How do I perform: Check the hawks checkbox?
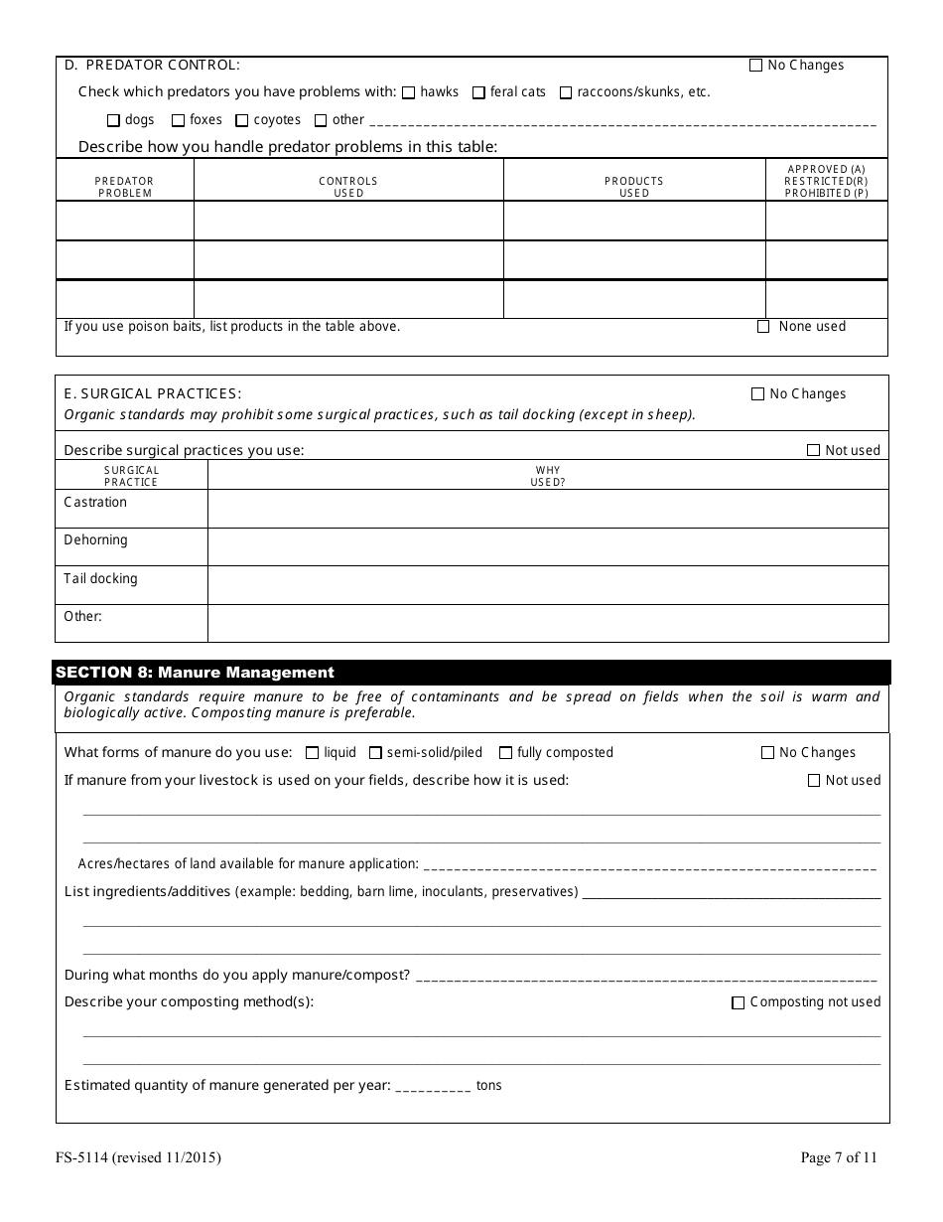click(408, 92)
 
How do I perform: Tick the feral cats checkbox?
click(478, 92)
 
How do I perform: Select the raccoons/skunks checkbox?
click(566, 92)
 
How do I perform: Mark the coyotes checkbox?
click(241, 120)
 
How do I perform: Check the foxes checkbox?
click(178, 120)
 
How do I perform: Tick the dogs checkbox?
click(113, 120)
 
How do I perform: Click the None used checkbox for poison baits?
click(763, 326)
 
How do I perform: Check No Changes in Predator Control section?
click(755, 66)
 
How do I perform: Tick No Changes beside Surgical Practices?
click(757, 393)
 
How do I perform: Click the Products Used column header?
click(634, 187)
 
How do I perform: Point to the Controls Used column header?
click(348, 187)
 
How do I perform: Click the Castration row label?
click(95, 502)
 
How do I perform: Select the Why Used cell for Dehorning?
click(548, 546)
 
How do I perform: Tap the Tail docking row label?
click(100, 578)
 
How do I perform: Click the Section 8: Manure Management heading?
click(196, 673)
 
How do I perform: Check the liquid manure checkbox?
click(313, 753)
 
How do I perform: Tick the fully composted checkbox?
click(506, 753)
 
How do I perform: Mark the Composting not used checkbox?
click(738, 1002)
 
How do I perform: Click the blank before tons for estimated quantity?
click(433, 1086)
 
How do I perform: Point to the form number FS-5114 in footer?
click(138, 1157)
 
